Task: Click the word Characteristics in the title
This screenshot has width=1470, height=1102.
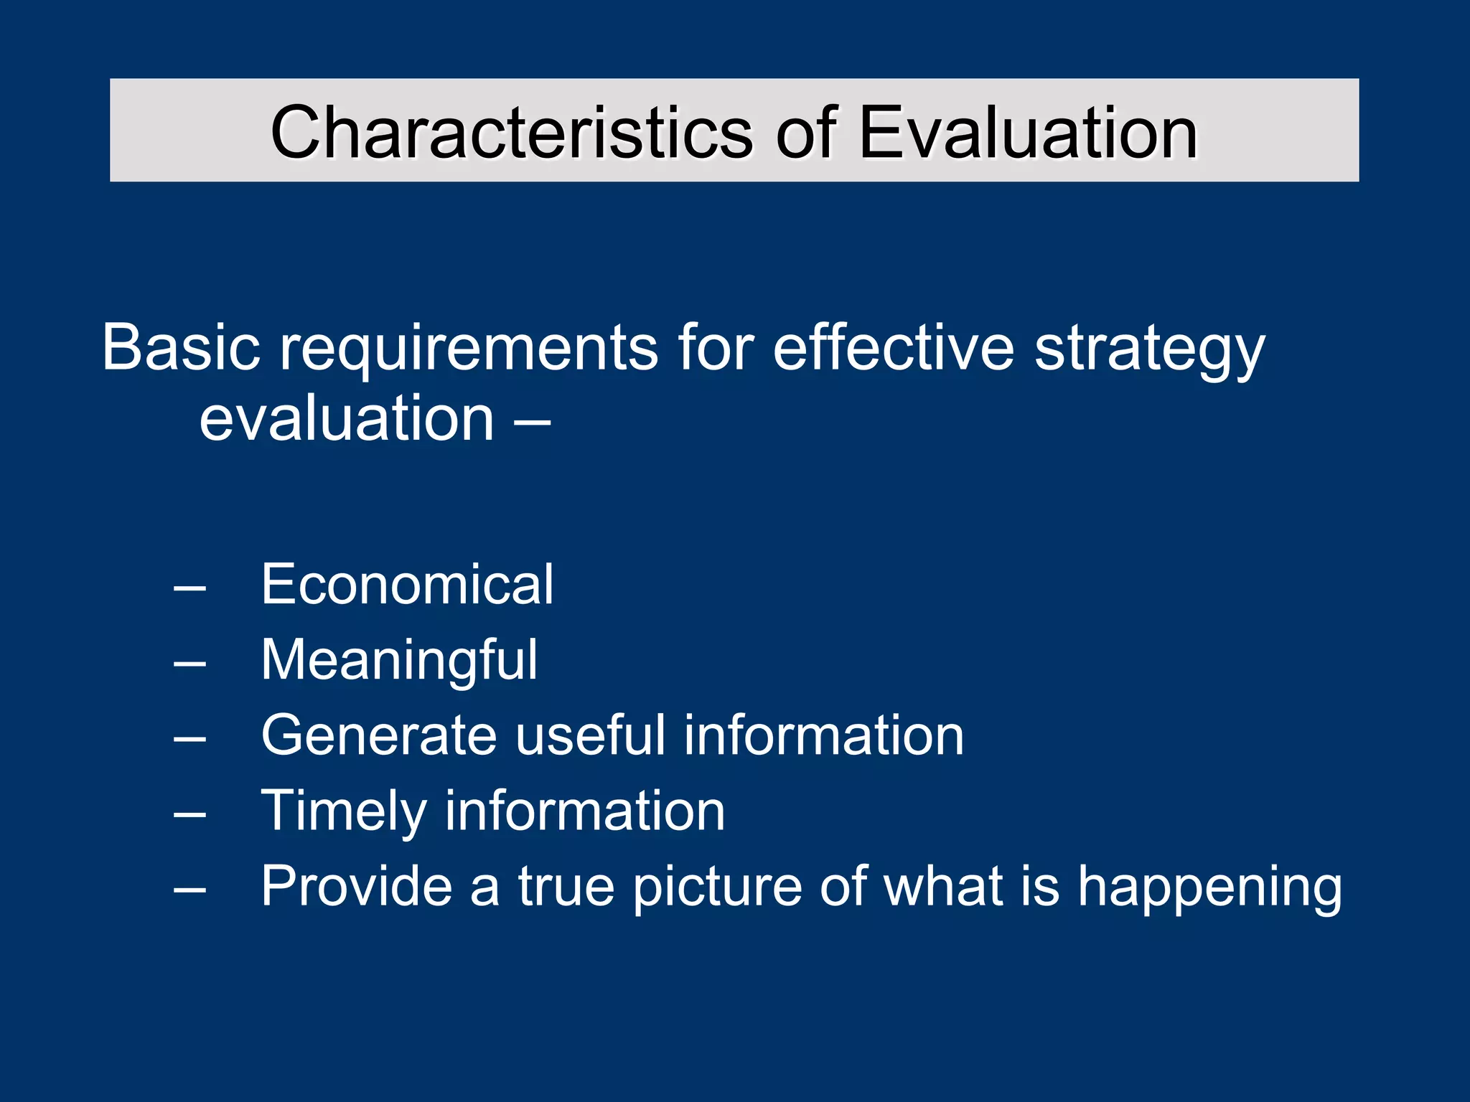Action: pos(511,133)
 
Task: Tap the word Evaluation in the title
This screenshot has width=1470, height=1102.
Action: pos(1027,133)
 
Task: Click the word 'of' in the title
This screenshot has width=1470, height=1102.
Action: pos(805,133)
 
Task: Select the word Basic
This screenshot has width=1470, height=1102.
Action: pos(180,347)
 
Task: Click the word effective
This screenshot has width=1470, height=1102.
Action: pos(893,347)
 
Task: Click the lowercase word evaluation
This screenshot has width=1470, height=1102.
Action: pos(347,419)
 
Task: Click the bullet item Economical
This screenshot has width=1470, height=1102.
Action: pos(407,584)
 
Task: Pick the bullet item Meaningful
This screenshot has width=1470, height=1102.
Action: pos(399,661)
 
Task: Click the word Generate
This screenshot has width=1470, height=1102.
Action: pos(379,735)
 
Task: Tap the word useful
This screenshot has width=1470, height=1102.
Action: pos(590,735)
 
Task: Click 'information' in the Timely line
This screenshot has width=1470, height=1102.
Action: pos(585,811)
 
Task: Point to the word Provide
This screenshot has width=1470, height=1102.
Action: pos(356,887)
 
